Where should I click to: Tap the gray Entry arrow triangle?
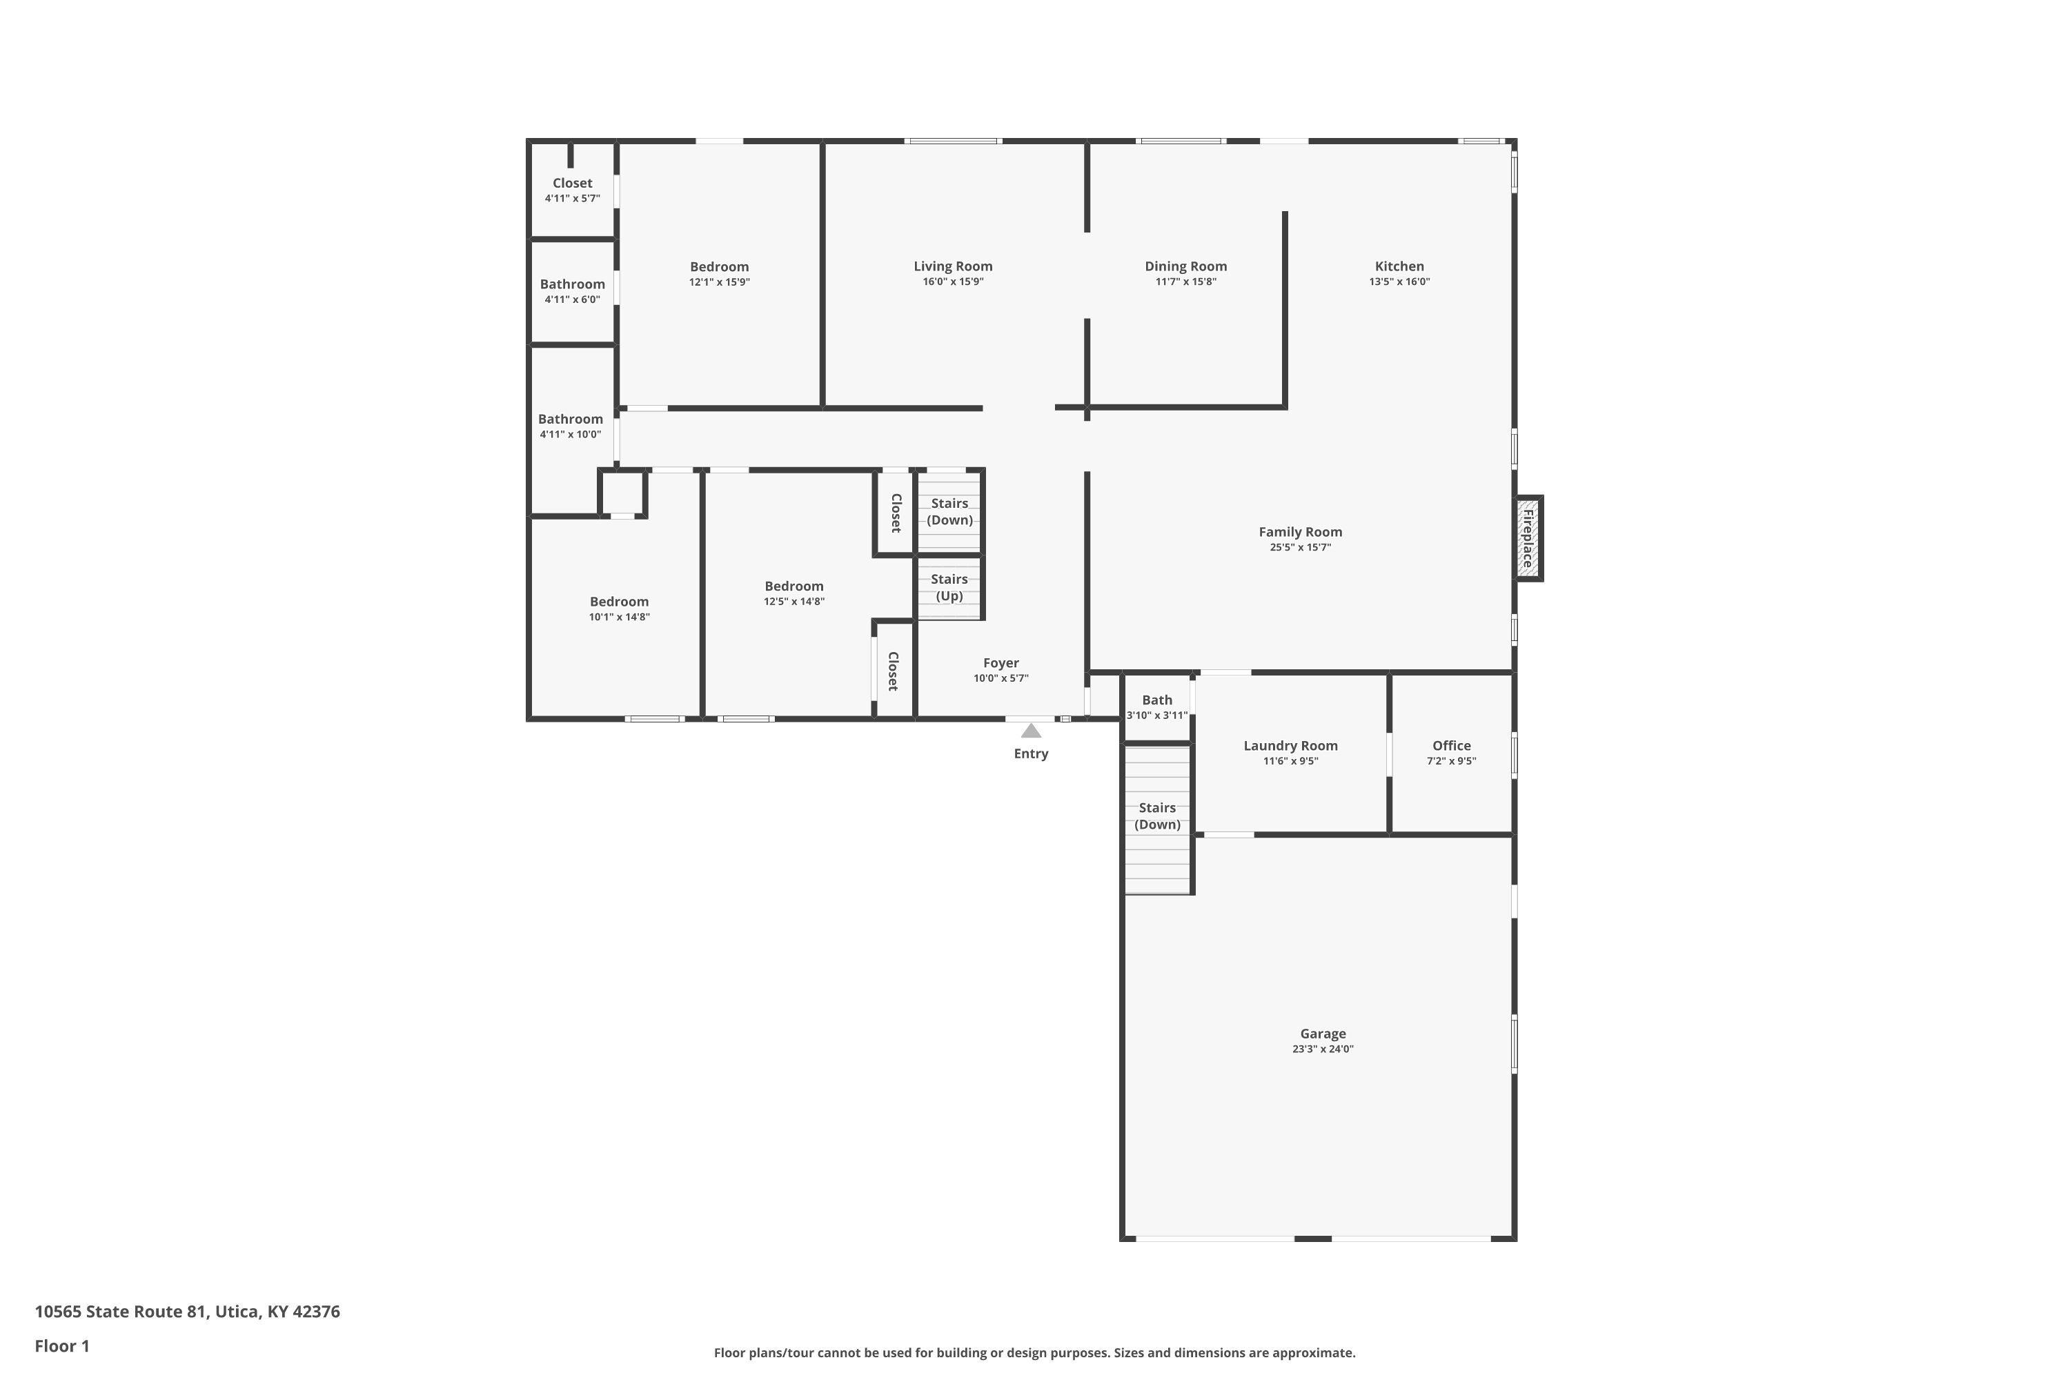1031,731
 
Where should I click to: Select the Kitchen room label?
1399,266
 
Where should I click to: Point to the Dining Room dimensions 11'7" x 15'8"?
1185,282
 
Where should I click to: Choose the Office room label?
1451,745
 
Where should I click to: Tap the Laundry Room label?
1290,745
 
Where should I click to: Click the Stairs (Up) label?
949,587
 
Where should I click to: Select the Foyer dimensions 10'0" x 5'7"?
1000,678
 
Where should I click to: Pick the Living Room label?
952,266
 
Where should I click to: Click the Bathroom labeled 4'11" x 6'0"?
572,284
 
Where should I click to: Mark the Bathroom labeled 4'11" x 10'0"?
571,419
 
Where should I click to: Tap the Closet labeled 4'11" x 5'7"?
572,183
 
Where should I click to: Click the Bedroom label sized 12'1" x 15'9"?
719,266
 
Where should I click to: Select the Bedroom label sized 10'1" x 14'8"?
619,602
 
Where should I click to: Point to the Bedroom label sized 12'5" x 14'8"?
794,586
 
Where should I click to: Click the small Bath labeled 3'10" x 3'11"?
1156,700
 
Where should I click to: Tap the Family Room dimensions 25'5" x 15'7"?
1300,547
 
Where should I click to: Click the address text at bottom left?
188,1312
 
